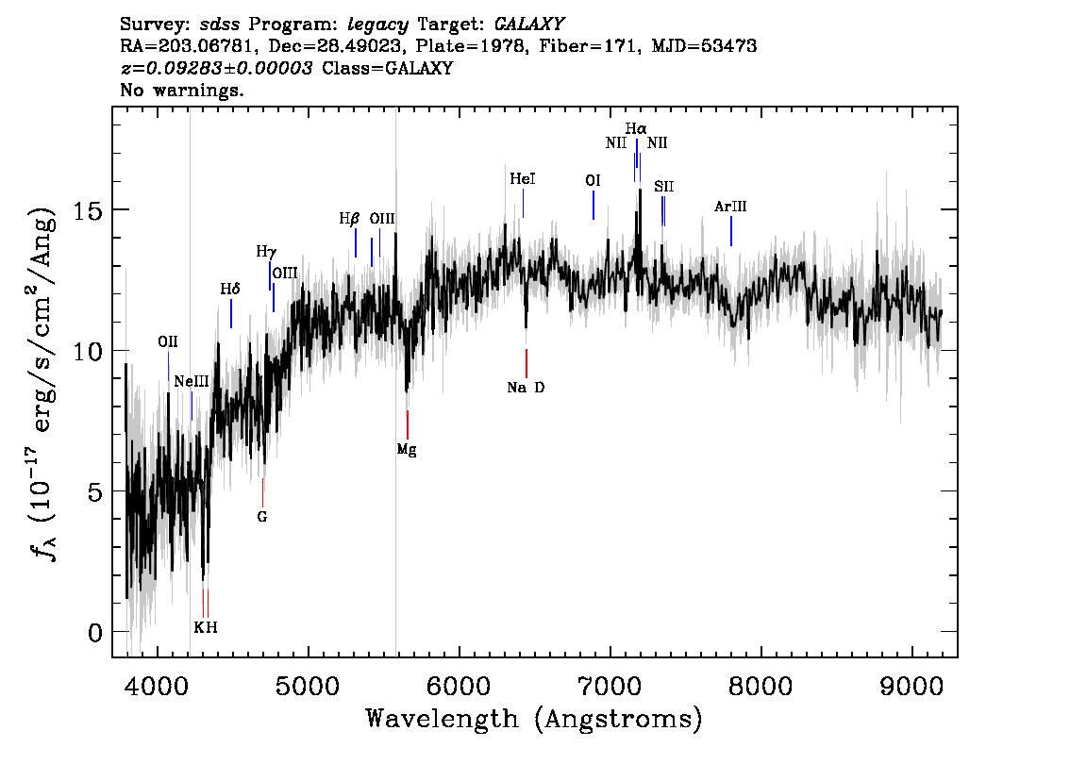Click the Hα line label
pos(636,128)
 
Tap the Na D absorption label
pos(526,388)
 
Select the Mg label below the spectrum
pos(407,450)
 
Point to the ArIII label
pos(730,206)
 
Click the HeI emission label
pos(523,178)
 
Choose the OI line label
pos(593,180)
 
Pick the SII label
pos(664,186)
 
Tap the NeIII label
pos(191,381)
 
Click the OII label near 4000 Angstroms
pos(168,341)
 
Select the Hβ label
pos(349,219)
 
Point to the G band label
pos(262,516)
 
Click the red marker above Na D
pos(527,363)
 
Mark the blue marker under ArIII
pos(731,230)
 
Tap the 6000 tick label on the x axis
pos(460,687)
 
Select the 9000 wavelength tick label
pos(911,687)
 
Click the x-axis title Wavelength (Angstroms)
pos(534,719)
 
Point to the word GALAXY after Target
pos(528,25)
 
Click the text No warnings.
pos(181,90)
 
